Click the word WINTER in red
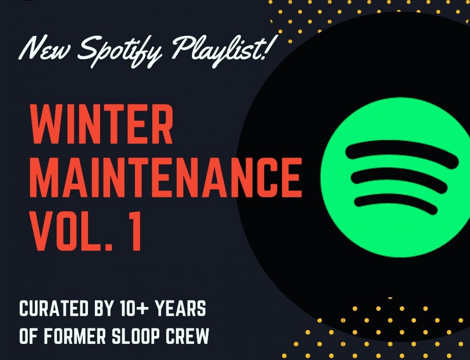(102, 124)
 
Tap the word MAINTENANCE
(166, 178)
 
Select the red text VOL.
(71, 231)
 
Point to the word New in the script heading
(46, 48)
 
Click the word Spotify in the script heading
(120, 50)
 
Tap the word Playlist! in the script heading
(222, 49)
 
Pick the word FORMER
(75, 336)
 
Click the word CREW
(188, 336)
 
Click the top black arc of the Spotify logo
(402, 146)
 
